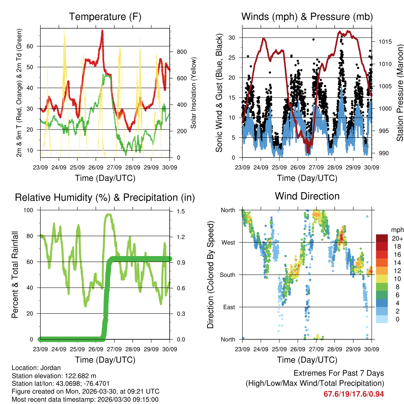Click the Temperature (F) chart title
pos(105,17)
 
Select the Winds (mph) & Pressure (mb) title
pos(307,17)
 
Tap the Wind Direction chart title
pos(307,196)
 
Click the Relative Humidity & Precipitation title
pos(105,198)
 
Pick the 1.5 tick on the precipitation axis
pos(181,211)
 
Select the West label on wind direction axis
pos(228,242)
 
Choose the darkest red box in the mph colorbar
pos(382,238)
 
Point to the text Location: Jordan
pos(36,368)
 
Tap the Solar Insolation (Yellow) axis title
pos(194,93)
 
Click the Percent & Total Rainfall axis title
pos(15,275)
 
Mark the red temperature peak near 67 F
pos(102,31)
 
